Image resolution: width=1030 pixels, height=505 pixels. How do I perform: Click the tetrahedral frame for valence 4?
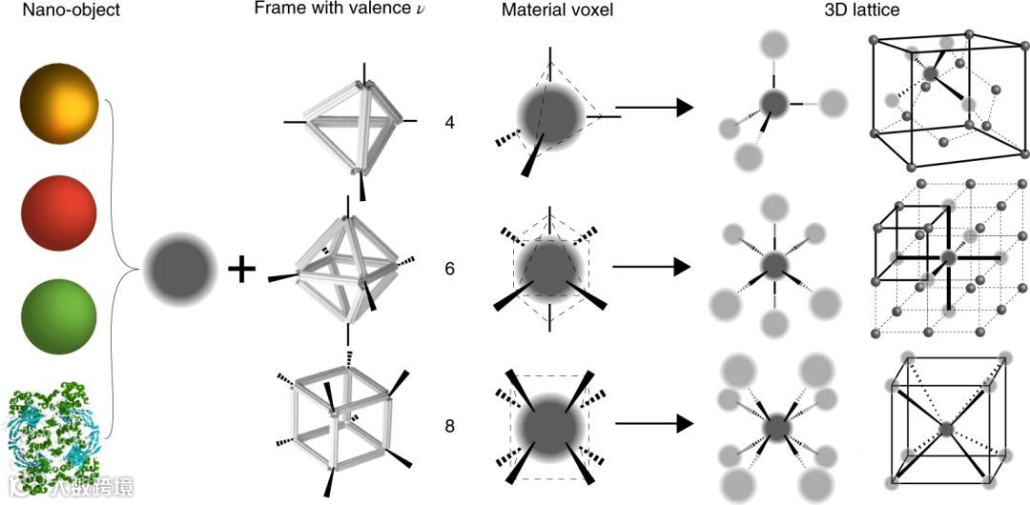pos(353,120)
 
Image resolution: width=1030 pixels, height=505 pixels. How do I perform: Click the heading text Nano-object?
pos(46,10)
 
